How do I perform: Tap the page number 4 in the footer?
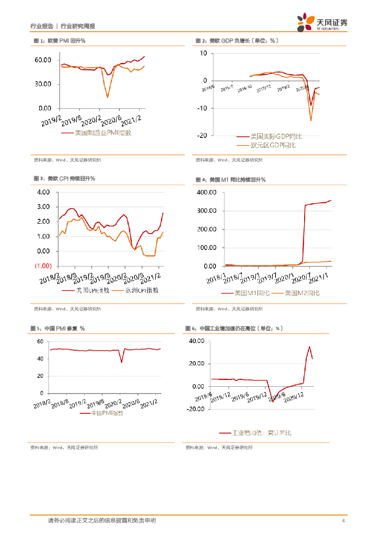tap(343, 521)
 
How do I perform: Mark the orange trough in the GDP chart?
tap(311, 121)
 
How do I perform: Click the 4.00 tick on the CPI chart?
tap(42, 192)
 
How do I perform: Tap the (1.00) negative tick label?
tap(42, 266)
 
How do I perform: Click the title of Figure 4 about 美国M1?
tap(230, 180)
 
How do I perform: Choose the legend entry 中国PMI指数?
tap(107, 413)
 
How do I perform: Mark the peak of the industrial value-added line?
tap(309, 346)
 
